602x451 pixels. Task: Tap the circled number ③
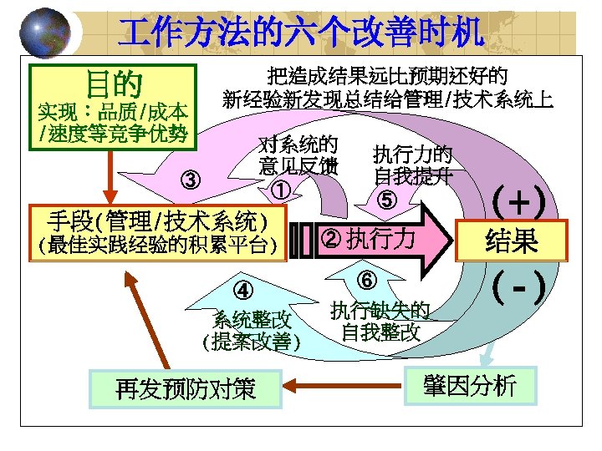[191, 179]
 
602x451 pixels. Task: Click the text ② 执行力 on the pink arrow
[368, 239]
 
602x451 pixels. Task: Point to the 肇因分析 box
[469, 385]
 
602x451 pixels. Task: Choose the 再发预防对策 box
[186, 388]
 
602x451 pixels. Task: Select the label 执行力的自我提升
[413, 165]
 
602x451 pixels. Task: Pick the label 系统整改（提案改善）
[251, 330]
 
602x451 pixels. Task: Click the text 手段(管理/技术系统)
[158, 221]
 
